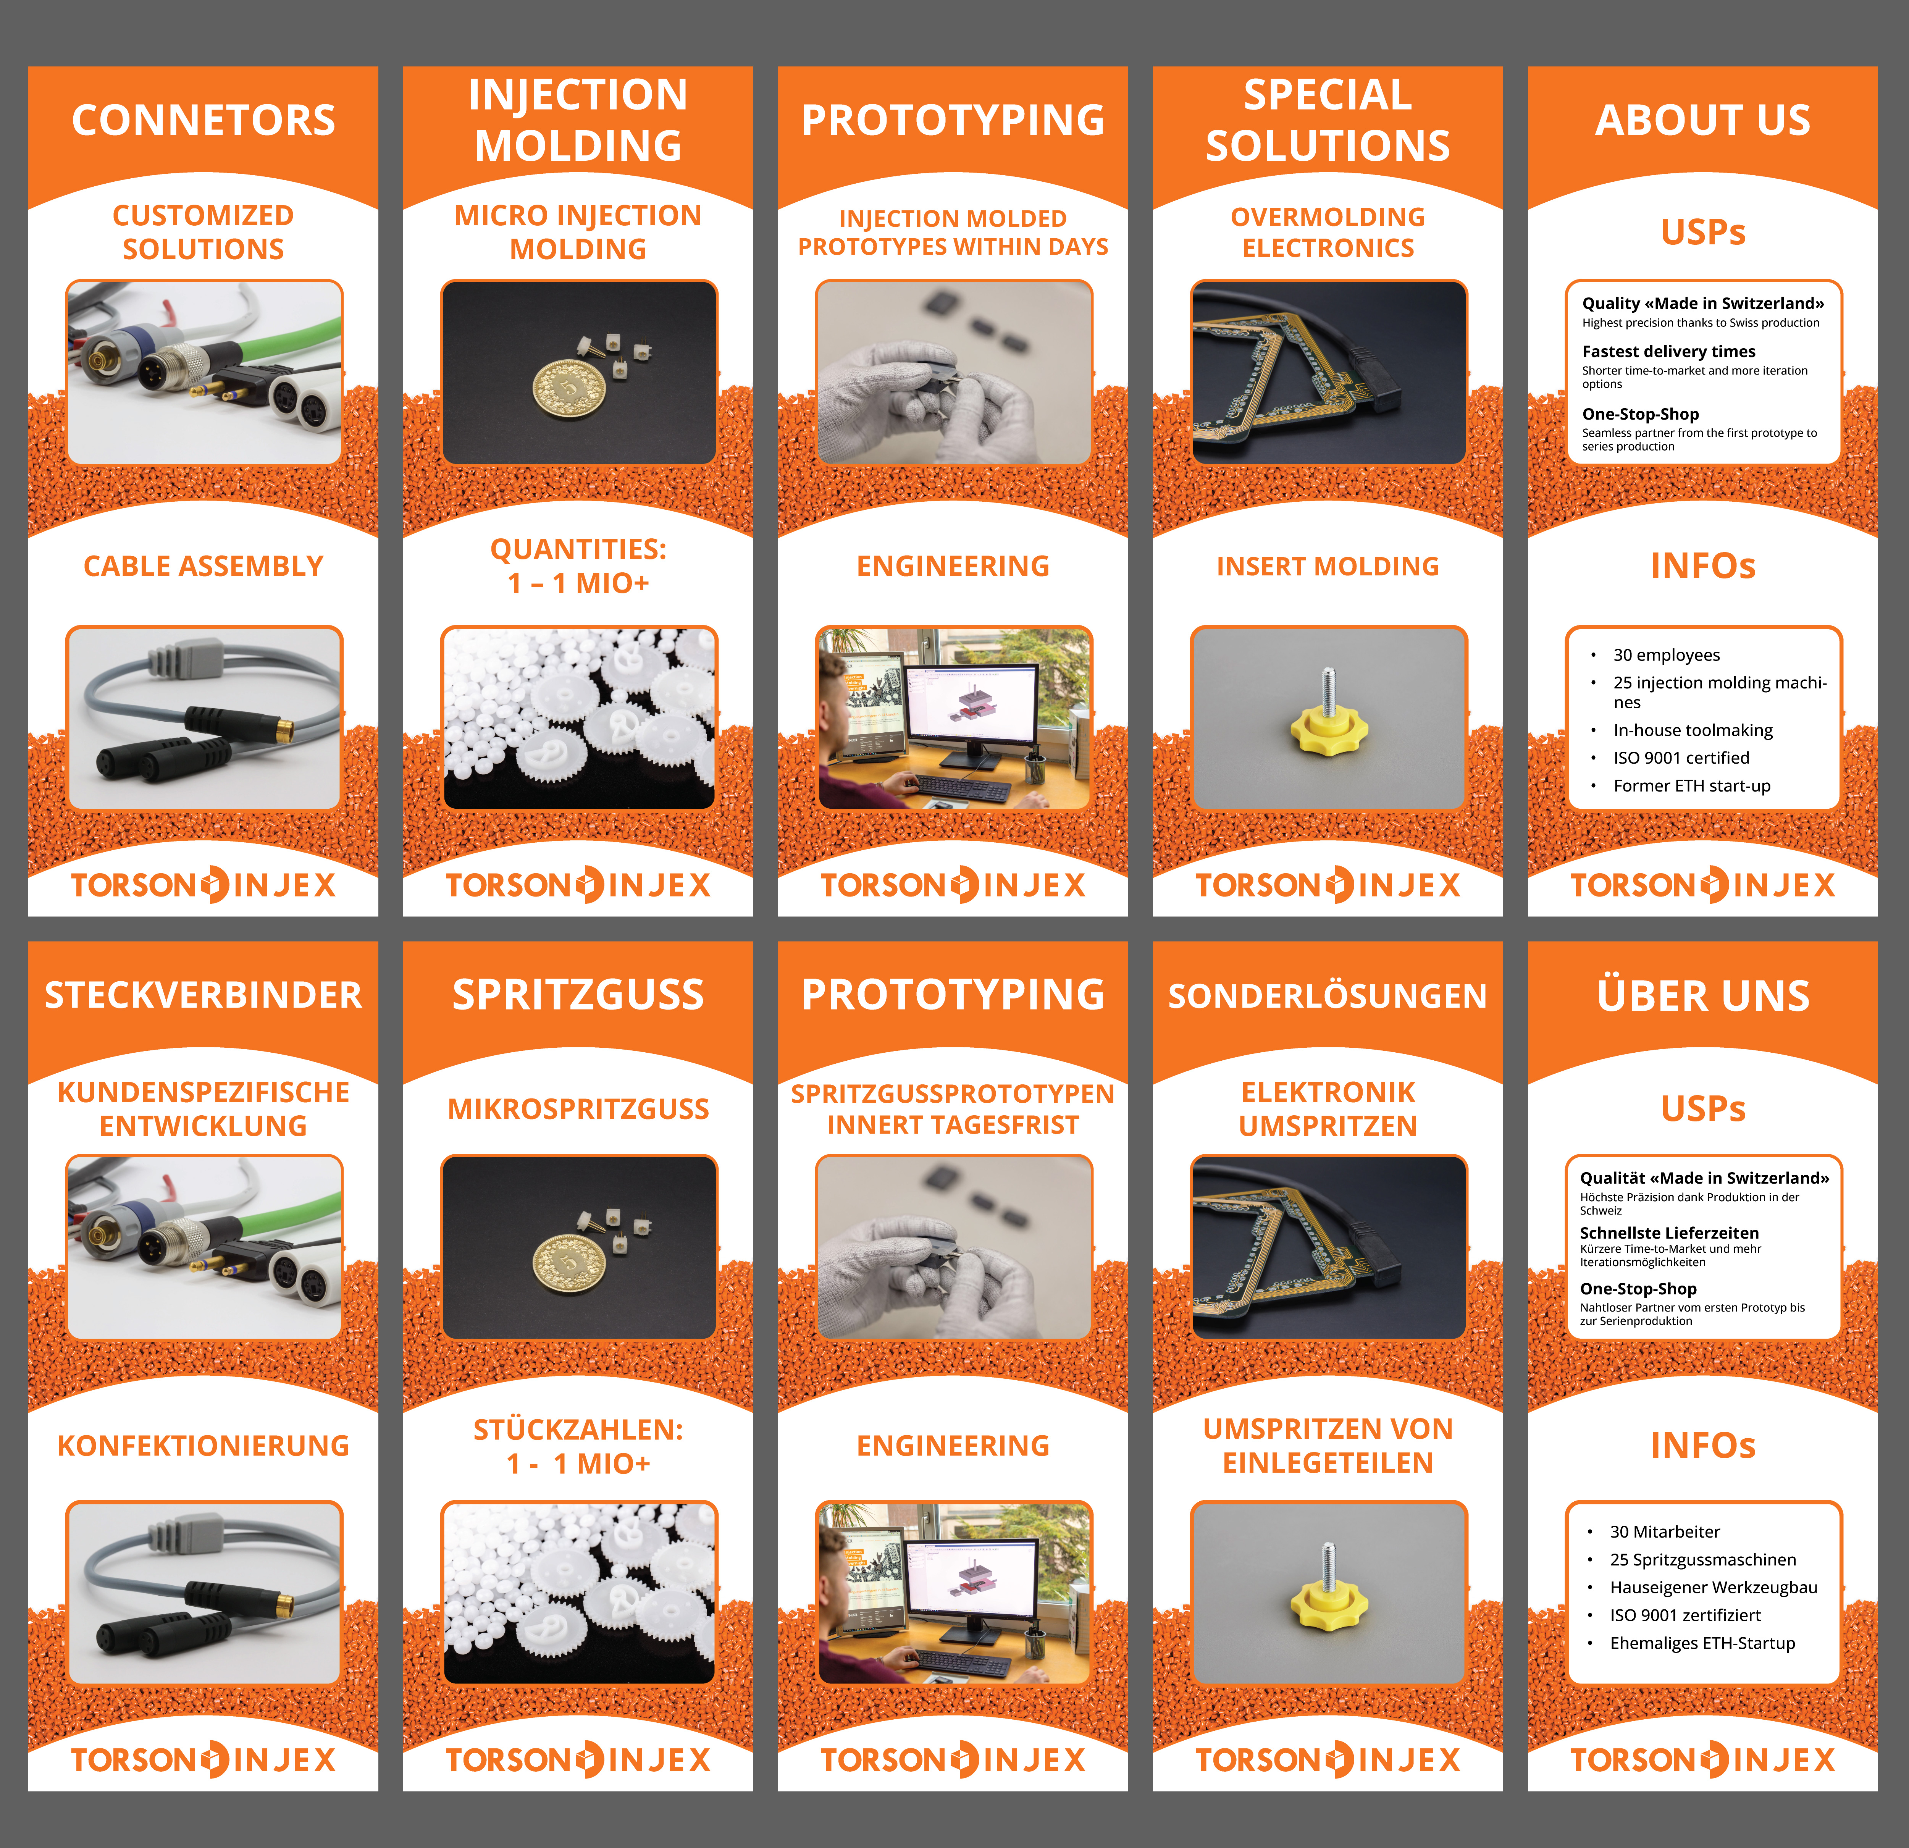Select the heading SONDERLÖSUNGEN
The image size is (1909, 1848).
click(1328, 996)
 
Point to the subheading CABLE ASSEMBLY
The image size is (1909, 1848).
click(203, 566)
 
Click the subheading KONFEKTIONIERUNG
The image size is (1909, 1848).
click(203, 1446)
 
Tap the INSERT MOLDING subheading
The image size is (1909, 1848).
click(1328, 566)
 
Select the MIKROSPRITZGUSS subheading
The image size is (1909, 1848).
click(578, 1108)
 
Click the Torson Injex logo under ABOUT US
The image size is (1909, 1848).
click(1702, 885)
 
